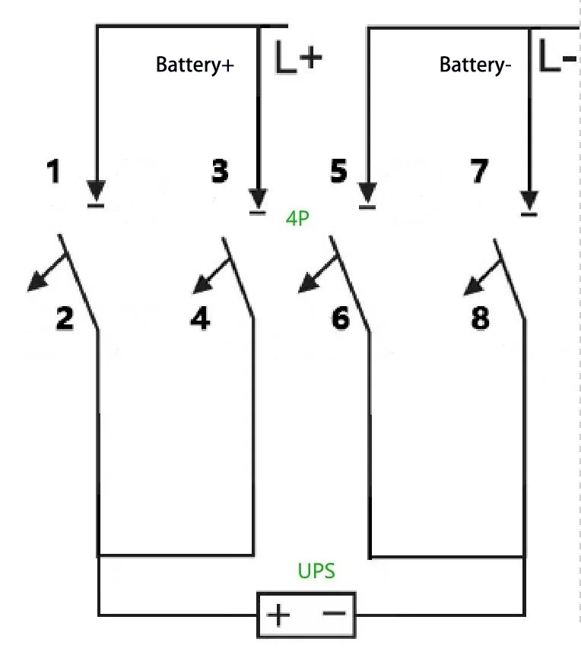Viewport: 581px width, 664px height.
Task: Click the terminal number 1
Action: click(53, 172)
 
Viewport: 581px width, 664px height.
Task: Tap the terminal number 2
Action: click(65, 318)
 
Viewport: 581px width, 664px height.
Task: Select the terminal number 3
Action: click(219, 172)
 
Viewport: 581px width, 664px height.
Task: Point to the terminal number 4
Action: click(200, 318)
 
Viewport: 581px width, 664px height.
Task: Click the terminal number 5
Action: click(338, 172)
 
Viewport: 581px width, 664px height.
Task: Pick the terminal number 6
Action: click(341, 318)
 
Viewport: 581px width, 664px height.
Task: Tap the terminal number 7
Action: click(478, 172)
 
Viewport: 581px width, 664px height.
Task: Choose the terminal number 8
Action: click(481, 318)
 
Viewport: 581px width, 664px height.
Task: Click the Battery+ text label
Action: click(195, 65)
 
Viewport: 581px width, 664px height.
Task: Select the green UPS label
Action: click(316, 571)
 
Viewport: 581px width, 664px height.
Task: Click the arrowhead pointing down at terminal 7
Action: click(529, 199)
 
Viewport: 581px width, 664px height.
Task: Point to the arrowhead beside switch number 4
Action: click(201, 286)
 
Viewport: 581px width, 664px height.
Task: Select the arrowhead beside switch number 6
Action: click(306, 284)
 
